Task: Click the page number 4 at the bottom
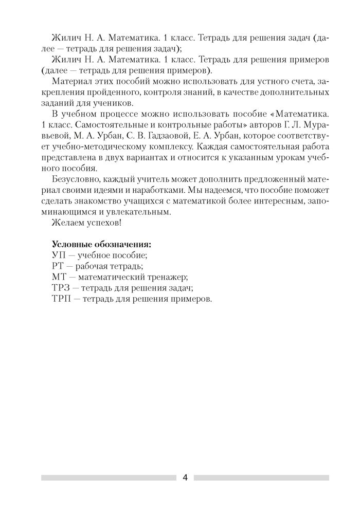[x=185, y=478]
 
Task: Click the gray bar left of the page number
[x=108, y=478]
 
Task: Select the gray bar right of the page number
[x=261, y=478]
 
